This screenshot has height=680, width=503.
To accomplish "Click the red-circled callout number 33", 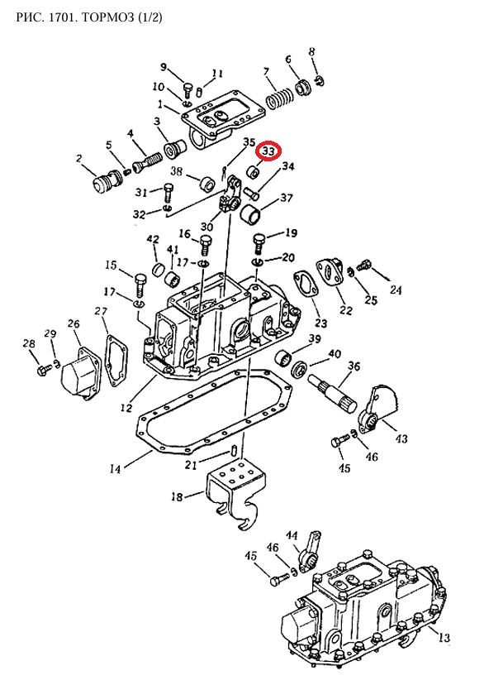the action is click(268, 151).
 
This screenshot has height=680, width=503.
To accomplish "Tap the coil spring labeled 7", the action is click(279, 98).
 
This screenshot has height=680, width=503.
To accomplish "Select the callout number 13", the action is click(444, 638).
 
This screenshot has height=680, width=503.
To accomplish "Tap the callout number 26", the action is click(74, 324).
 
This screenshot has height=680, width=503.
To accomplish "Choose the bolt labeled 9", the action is click(187, 91).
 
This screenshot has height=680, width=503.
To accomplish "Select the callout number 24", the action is click(396, 290).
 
